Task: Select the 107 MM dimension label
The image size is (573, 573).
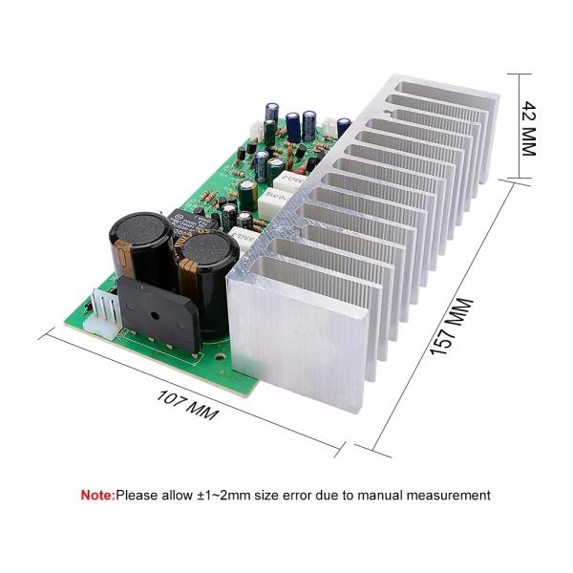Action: click(x=187, y=401)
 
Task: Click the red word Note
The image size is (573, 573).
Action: click(x=95, y=496)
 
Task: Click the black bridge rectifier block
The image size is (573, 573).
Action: click(x=158, y=315)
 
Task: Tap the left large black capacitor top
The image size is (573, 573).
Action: click(x=140, y=231)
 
